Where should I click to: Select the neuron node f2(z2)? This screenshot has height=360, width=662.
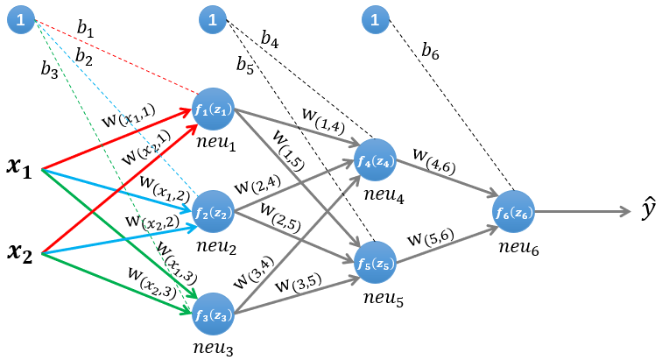pyautogui.click(x=214, y=211)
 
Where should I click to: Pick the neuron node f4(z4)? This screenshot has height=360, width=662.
pyautogui.click(x=377, y=160)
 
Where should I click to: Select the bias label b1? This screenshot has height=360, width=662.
pyautogui.click(x=85, y=31)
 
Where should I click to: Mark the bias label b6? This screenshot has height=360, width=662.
pyautogui.click(x=430, y=53)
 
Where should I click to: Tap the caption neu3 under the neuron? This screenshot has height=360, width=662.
pyautogui.click(x=214, y=349)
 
